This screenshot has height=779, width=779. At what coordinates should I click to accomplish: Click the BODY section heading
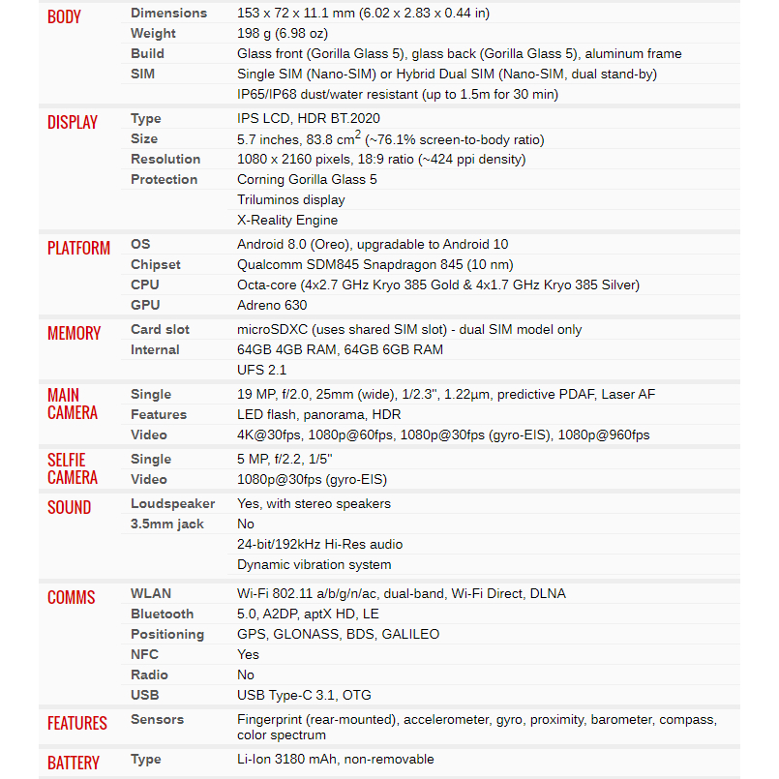(x=64, y=16)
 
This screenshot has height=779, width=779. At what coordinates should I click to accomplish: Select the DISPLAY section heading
(x=73, y=122)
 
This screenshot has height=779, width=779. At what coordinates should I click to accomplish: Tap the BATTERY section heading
(x=73, y=763)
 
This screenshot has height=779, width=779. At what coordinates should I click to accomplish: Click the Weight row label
(x=153, y=33)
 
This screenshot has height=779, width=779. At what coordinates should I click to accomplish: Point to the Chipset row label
(x=156, y=264)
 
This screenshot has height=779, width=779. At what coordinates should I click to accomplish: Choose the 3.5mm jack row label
(x=167, y=524)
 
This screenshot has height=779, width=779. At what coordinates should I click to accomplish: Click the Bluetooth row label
(x=162, y=614)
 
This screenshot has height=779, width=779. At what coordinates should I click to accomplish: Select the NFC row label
(x=144, y=654)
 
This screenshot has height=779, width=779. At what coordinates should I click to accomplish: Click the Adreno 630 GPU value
(x=272, y=305)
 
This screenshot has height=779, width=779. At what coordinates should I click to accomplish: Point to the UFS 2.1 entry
(x=261, y=370)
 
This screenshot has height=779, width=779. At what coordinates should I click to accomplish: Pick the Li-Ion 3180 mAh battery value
(x=335, y=760)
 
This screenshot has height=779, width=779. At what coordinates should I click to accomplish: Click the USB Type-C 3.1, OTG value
(x=304, y=695)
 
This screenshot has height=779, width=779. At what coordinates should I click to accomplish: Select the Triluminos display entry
(x=290, y=199)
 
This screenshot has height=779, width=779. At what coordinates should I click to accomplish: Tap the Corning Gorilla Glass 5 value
(x=307, y=179)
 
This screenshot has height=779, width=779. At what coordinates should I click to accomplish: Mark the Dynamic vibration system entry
(x=314, y=564)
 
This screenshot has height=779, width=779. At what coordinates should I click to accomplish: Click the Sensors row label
(x=158, y=719)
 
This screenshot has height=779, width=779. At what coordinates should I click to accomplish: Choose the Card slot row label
(x=160, y=329)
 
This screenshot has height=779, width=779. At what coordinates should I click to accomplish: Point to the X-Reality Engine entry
(x=287, y=220)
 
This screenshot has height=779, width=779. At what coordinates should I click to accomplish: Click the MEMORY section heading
(x=74, y=333)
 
